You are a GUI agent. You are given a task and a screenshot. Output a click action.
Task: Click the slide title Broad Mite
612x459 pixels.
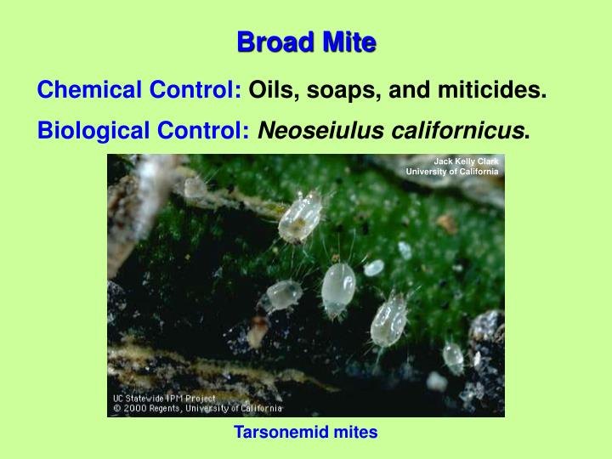(x=306, y=42)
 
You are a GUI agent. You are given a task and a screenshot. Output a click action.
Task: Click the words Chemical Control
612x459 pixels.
(x=140, y=88)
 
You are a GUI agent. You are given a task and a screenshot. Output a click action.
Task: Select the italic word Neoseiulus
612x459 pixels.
(x=314, y=131)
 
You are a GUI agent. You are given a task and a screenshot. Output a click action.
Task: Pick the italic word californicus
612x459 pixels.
(x=451, y=131)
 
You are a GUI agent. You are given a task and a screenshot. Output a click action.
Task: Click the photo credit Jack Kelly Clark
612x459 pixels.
(x=466, y=161)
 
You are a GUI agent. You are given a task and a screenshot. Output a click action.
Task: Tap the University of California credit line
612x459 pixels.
(x=452, y=172)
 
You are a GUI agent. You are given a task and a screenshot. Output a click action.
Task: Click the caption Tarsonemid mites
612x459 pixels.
(x=306, y=433)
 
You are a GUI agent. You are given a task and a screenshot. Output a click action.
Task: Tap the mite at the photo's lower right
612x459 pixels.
(x=453, y=358)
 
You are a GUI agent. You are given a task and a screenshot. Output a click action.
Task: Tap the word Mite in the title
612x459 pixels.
(x=347, y=42)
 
